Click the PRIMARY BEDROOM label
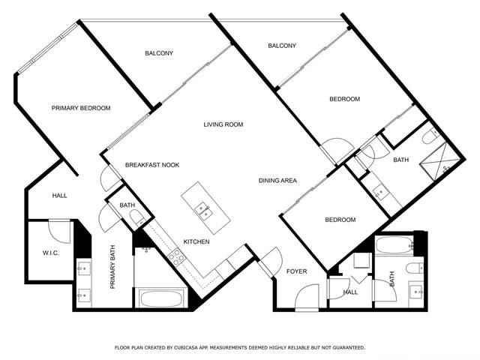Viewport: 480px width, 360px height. point(81,108)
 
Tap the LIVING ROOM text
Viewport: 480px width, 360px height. point(223,124)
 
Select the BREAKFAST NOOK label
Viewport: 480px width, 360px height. point(152,165)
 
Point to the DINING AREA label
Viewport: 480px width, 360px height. point(277,181)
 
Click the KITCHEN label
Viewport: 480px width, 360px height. point(196,241)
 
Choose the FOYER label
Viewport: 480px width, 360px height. point(297,271)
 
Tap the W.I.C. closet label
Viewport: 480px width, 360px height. point(51,253)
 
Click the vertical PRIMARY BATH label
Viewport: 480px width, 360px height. point(112,267)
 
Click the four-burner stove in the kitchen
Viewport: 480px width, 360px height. point(176,257)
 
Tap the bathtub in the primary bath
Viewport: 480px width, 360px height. point(161,298)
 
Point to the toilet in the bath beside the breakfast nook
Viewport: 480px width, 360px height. point(137,218)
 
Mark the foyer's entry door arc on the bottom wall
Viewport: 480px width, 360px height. point(306,296)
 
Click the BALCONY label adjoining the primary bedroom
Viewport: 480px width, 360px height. point(159,53)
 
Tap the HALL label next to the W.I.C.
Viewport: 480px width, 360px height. point(59,196)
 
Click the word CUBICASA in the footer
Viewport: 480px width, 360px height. point(184,348)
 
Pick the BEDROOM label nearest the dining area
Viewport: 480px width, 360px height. point(340,220)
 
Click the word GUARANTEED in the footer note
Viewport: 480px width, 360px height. point(349,348)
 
